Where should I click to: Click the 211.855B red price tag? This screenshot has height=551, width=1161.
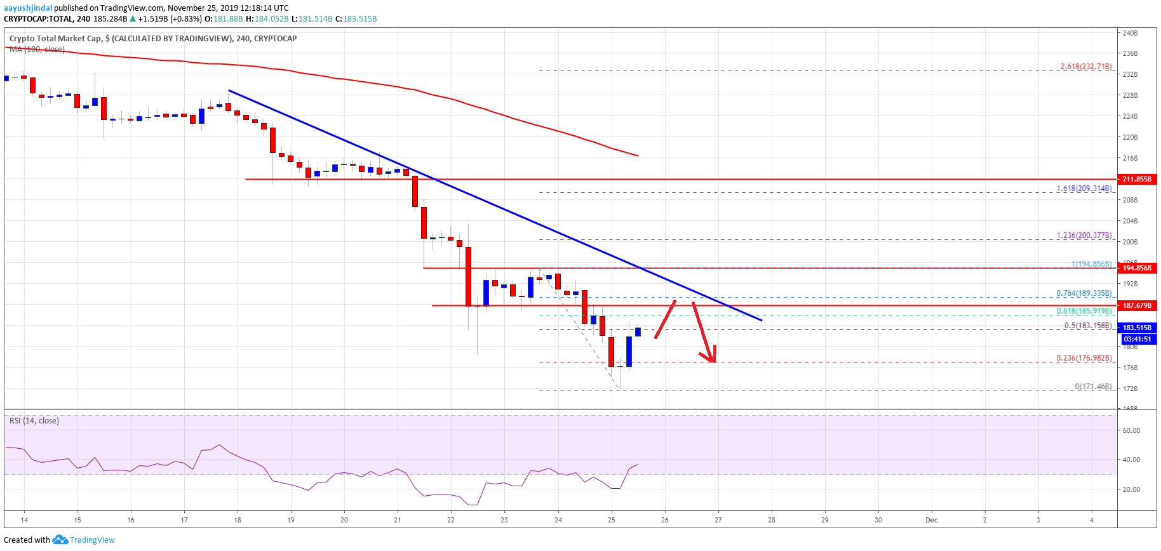coord(1136,179)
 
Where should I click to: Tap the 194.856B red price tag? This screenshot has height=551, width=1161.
coord(1136,268)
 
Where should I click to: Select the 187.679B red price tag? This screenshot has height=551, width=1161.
coord(1136,305)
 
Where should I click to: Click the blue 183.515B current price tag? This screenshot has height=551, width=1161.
coord(1136,328)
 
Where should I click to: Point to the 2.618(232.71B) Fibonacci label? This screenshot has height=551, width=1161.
coord(1085,67)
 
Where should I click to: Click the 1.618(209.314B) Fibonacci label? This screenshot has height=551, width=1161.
coord(1084,189)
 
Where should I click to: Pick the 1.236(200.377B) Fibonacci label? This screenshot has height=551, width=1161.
coord(1084,236)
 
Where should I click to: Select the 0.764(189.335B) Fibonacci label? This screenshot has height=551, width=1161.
coord(1084,293)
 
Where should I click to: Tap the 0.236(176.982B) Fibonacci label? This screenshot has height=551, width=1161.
coord(1084,358)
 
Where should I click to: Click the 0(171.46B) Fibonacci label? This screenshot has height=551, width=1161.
coord(1093,387)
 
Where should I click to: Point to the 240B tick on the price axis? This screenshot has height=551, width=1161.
coord(1130,33)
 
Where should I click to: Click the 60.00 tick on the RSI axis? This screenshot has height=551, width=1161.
coord(1131,430)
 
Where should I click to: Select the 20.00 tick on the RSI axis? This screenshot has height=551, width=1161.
coord(1131,489)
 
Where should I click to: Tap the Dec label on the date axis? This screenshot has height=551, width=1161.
coord(931,520)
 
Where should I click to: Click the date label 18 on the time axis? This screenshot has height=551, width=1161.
coord(238,520)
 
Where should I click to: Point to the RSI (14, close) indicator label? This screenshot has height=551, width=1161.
coord(34,421)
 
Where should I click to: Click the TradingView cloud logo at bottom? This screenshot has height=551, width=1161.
coord(60,540)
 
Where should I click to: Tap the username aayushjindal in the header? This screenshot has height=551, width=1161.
coord(28,8)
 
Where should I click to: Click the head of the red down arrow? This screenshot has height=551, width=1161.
coord(713,359)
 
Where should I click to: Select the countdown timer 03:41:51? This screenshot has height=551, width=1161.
coord(1137,339)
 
